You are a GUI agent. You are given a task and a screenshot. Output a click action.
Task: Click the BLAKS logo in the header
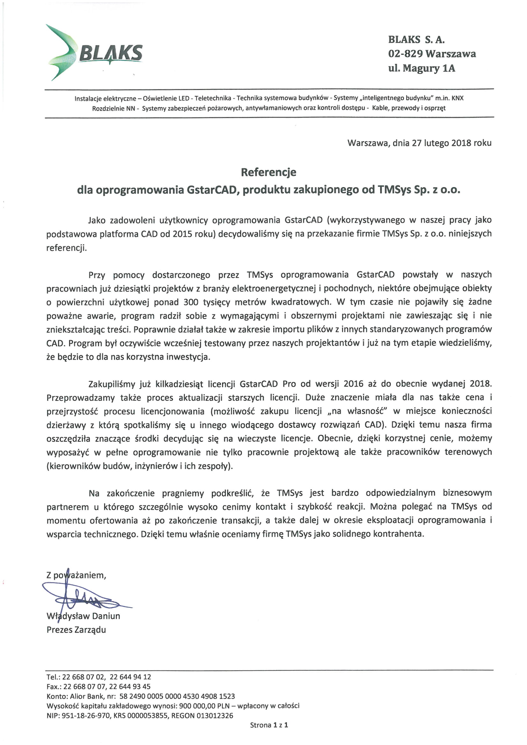(94, 52)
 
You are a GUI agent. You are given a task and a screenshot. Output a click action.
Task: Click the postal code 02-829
(405, 54)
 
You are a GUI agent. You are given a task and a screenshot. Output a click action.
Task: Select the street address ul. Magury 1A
(422, 68)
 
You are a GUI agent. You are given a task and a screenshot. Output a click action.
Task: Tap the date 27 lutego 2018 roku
(451, 143)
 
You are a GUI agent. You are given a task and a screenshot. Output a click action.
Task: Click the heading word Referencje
(268, 172)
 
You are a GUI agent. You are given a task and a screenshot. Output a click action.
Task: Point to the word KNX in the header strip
(458, 98)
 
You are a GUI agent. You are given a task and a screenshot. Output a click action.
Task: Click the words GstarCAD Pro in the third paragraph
(268, 384)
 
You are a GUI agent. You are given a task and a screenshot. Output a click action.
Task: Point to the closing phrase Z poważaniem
(76, 575)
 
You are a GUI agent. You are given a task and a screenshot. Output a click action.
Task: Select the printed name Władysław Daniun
(83, 616)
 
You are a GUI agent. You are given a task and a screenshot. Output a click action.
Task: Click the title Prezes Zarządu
(76, 630)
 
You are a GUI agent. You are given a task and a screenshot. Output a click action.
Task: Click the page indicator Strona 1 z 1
(269, 725)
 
